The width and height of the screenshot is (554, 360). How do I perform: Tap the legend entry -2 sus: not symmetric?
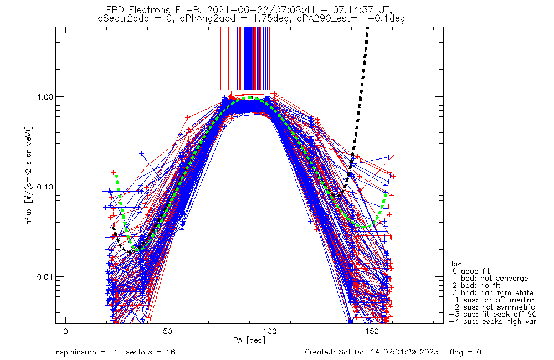(492, 307)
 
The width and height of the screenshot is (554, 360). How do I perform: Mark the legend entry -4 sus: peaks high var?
(492, 322)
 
